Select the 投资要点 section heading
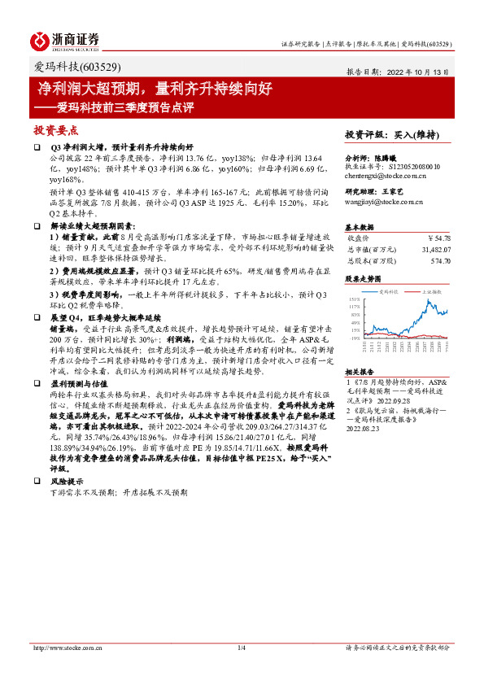pyautogui.click(x=56, y=129)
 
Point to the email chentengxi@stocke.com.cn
pyautogui.click(x=386, y=174)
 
